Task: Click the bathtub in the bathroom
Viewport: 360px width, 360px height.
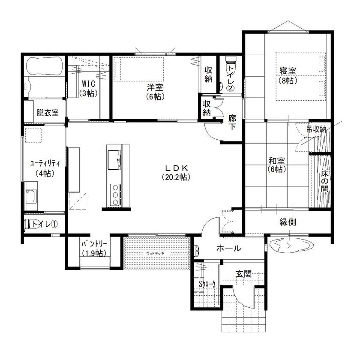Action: tap(45, 66)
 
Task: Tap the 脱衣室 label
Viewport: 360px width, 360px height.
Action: tap(47, 113)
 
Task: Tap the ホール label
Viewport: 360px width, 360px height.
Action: tap(228, 248)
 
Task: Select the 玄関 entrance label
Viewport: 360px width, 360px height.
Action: tap(243, 274)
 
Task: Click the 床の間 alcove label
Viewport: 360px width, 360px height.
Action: tap(325, 181)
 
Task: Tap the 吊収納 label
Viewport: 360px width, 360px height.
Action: tap(316, 129)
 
